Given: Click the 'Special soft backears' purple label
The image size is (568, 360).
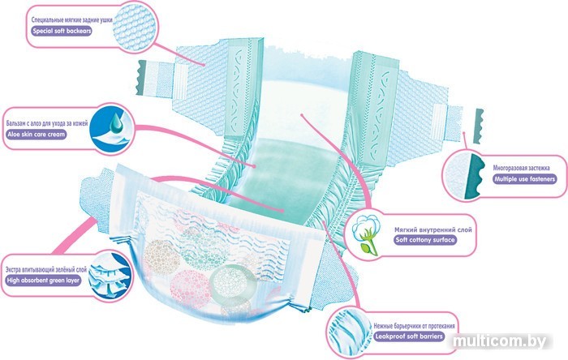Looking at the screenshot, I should tap(60, 32).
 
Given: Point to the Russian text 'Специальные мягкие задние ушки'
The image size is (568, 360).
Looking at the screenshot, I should tap(71, 19).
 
